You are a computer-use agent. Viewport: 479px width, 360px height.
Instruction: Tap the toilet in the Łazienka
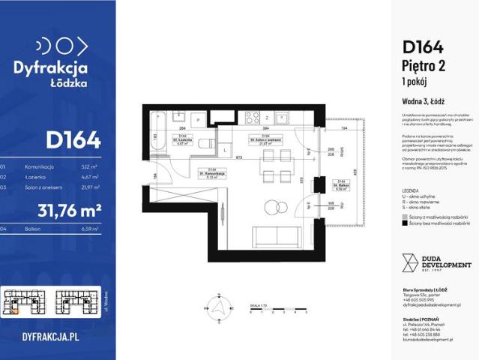point(204,144)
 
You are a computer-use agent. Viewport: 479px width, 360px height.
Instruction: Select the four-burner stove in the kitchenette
point(253,118)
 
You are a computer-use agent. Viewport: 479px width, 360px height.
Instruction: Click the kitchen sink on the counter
point(283,118)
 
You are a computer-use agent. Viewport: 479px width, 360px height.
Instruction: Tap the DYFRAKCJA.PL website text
point(51,337)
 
